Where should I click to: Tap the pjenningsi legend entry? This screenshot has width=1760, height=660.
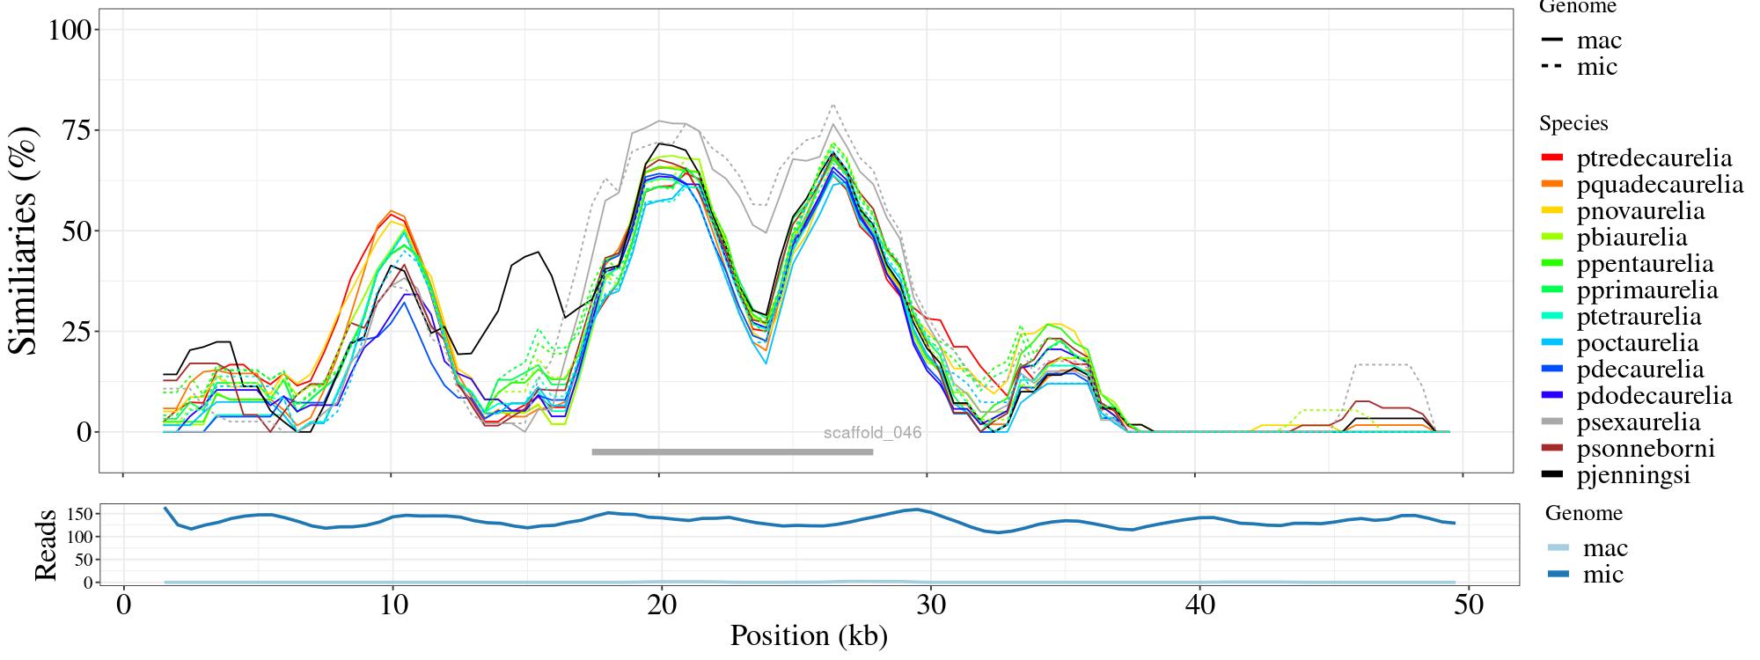pyautogui.click(x=1633, y=475)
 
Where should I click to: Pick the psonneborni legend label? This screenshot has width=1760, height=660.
pyautogui.click(x=1645, y=449)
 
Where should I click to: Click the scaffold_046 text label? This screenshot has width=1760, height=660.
pyautogui.click(x=872, y=433)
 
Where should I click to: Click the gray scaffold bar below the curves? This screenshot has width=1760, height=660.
pyautogui.click(x=732, y=452)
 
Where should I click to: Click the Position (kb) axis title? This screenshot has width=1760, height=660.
pyautogui.click(x=808, y=635)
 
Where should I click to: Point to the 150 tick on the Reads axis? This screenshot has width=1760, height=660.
pyautogui.click(x=79, y=513)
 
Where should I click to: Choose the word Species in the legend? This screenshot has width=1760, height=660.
pyautogui.click(x=1573, y=123)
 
